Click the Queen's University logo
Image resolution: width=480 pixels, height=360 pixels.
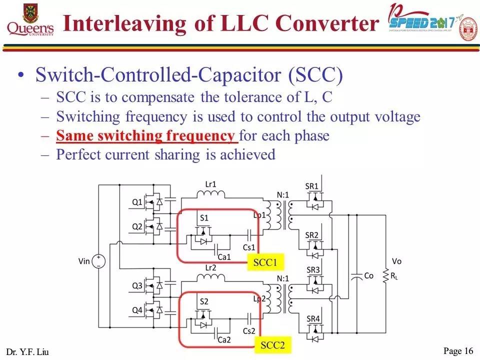tap(30, 20)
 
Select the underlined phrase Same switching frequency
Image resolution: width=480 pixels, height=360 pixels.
tap(145, 135)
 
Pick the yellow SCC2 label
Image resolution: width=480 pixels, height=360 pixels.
tap(272, 345)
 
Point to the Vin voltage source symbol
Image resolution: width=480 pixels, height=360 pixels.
tap(98, 261)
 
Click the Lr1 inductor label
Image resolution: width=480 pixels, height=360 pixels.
tap(210, 184)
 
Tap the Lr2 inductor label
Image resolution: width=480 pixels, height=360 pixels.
tap(210, 268)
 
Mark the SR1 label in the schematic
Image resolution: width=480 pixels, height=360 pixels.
tap(312, 186)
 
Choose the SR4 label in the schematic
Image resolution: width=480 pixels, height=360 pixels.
tap(312, 319)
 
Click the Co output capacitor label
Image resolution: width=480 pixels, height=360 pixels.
tap(368, 275)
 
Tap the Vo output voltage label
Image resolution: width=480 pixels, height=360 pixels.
tap(396, 261)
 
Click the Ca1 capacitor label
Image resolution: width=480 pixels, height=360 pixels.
tap(224, 257)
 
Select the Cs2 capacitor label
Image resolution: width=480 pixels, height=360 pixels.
tap(249, 331)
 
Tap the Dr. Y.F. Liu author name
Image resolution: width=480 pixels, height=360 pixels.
tap(28, 351)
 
